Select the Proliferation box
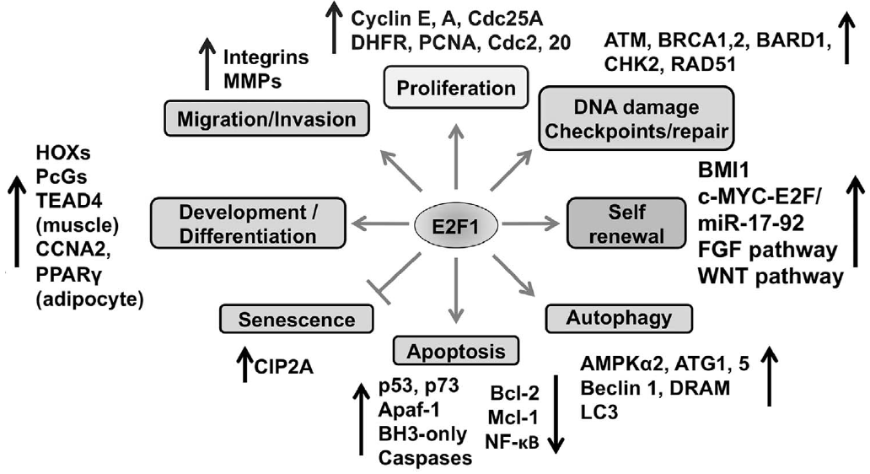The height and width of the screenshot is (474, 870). [455, 88]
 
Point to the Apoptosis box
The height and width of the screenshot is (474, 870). [455, 348]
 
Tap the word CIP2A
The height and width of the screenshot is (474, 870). [287, 367]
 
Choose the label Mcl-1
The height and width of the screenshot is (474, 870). [508, 417]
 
